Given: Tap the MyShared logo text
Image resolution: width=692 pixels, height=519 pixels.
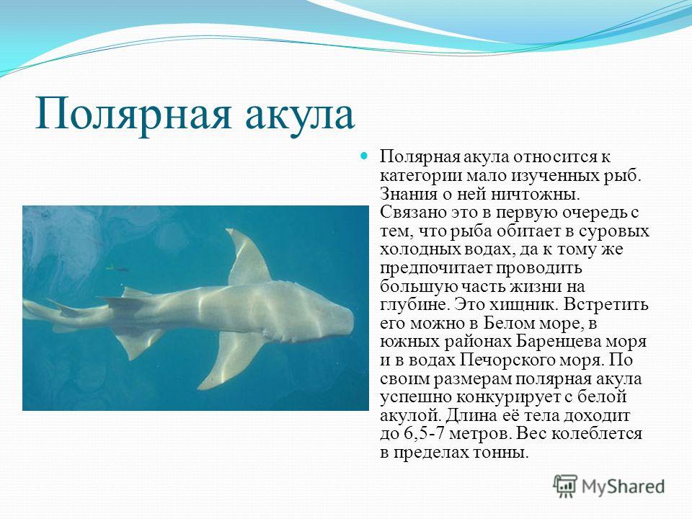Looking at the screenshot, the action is (623, 487).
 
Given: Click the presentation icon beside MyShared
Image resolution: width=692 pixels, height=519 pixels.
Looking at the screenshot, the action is (565, 487).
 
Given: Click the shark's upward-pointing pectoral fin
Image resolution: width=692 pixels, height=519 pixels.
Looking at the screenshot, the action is (247, 257).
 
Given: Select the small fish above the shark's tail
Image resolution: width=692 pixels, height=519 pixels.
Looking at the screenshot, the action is (117, 267).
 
